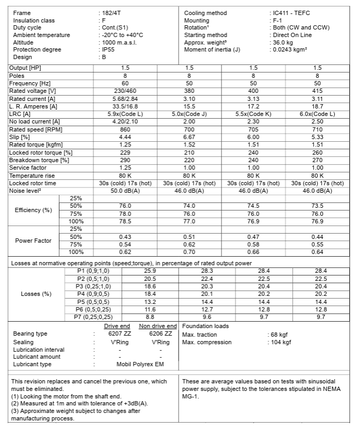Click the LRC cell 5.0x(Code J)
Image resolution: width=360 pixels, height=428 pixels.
189,114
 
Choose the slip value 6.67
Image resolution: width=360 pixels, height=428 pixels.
189,137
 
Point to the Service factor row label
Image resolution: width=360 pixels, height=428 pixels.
28,168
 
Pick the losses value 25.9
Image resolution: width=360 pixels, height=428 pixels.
150,271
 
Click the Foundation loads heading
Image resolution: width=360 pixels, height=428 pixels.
205,326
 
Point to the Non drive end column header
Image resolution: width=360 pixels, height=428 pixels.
158,326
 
